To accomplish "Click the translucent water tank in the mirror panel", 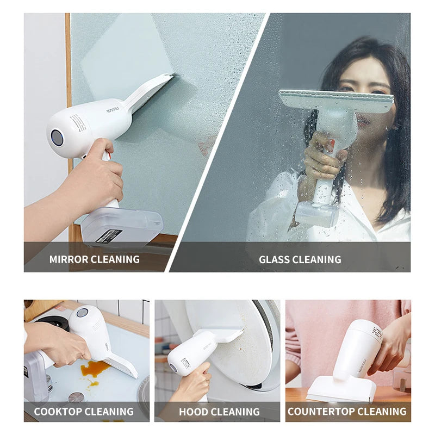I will (x=122, y=226).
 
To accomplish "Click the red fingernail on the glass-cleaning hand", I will (x=331, y=145).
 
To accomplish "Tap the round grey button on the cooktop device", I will (x=82, y=313).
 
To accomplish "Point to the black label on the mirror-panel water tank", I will (x=109, y=236).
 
